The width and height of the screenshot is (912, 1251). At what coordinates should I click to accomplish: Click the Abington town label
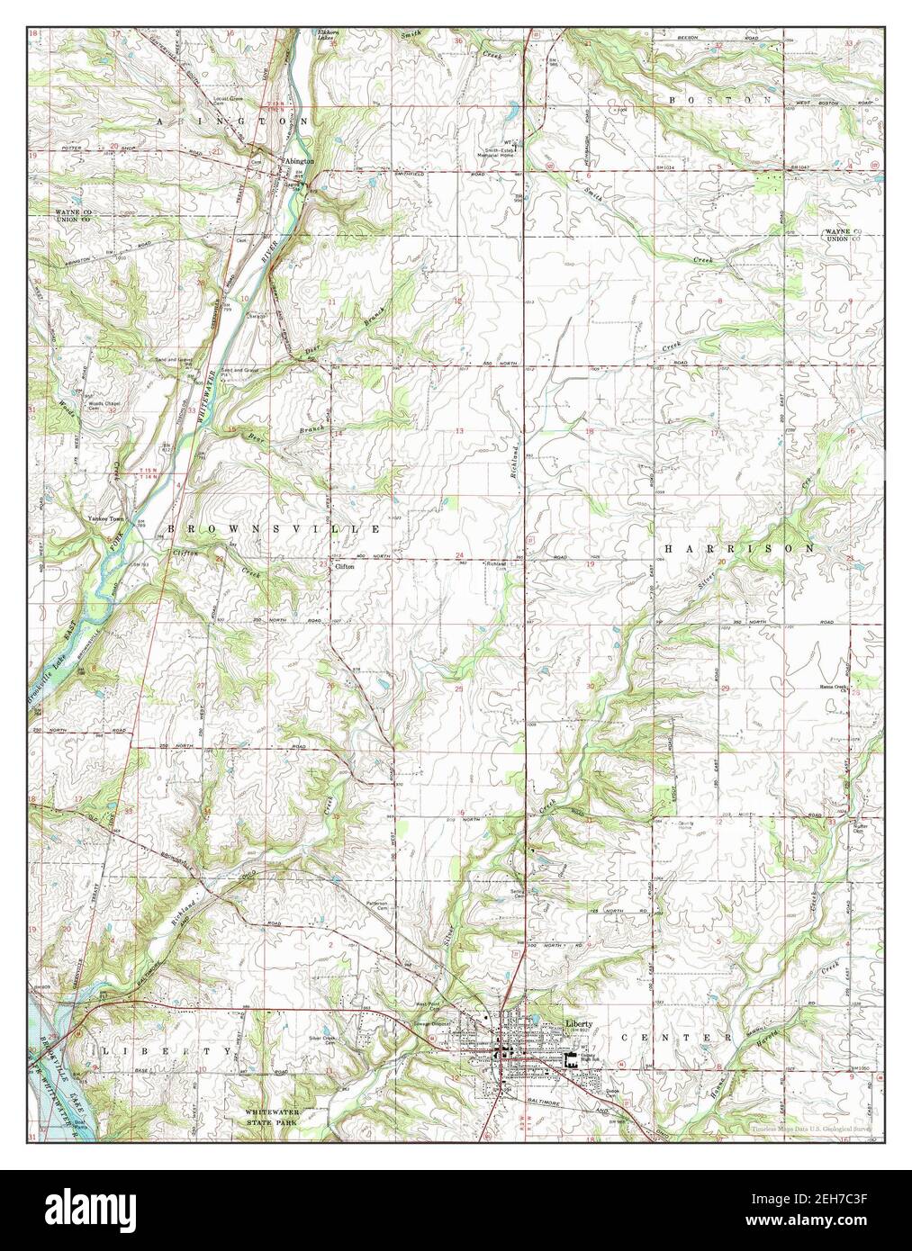(x=300, y=160)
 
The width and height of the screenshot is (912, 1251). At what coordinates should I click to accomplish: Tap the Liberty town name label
(x=579, y=1023)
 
